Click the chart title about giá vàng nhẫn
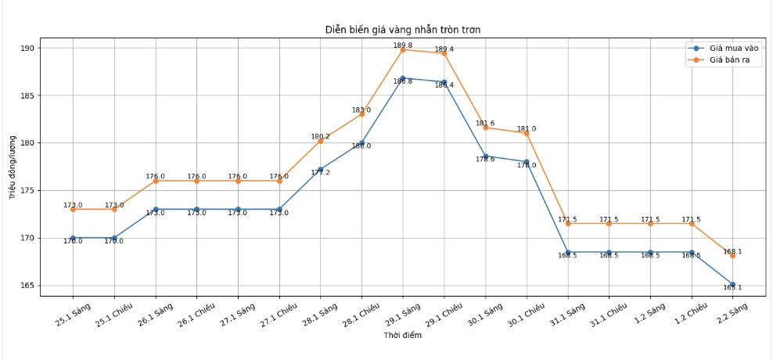point(403,30)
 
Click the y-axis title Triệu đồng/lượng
point(13,167)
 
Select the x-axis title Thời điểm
point(403,336)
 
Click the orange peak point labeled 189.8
point(403,50)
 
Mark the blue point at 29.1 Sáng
point(403,78)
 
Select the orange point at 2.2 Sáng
point(733,255)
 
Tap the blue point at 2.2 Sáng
point(733,284)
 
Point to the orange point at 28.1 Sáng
point(321,141)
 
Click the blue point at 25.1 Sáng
point(73,238)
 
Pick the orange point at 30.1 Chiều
point(527,133)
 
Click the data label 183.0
point(361,110)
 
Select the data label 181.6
point(485,124)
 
